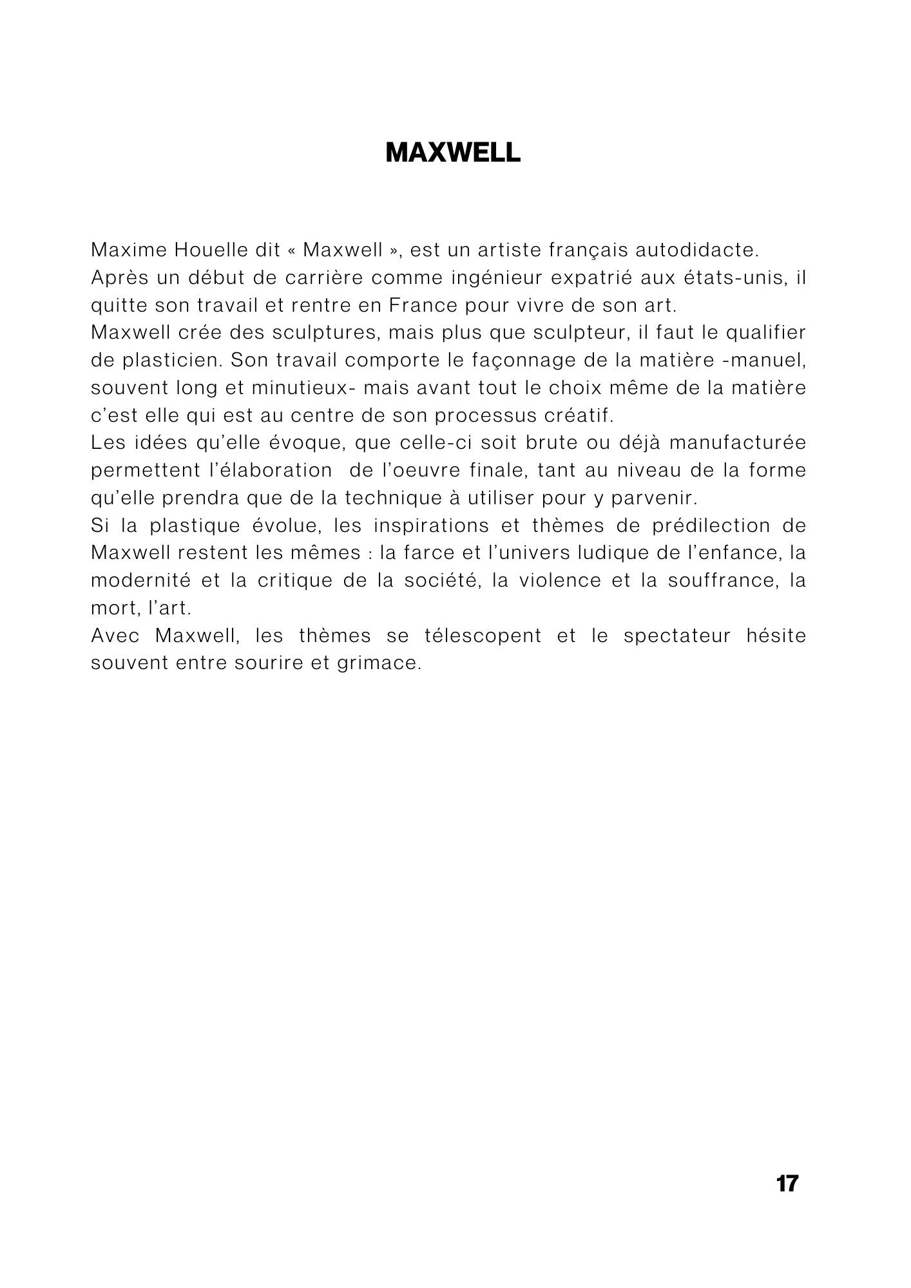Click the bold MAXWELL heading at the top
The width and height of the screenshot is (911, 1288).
(452, 153)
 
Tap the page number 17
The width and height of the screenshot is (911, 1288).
(787, 1183)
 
